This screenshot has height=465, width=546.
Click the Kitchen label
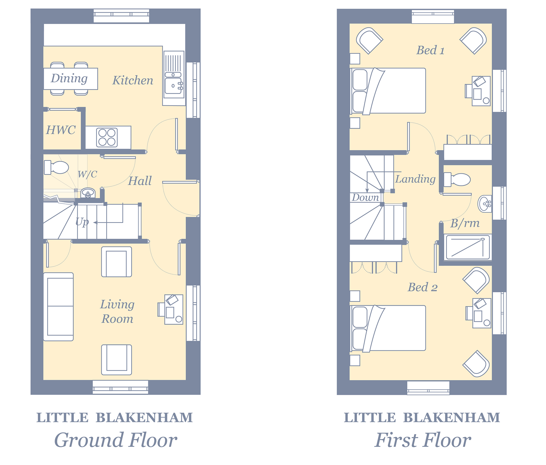point(133,81)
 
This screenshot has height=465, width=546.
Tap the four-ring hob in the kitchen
point(107,137)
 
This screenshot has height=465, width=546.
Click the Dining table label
point(69,79)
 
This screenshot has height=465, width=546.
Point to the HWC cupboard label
point(61,130)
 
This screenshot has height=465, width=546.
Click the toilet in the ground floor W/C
point(56,167)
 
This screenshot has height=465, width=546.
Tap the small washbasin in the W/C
point(88,193)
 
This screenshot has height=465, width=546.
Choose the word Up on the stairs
point(82,222)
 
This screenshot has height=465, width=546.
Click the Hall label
point(140,181)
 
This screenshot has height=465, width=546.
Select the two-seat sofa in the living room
point(58,307)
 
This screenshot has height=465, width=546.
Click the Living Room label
point(117,311)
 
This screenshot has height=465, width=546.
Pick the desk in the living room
point(171,309)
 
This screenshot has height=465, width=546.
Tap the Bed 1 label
point(430,50)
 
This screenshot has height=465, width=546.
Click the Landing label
point(415,179)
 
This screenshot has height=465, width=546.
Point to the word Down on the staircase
point(365,197)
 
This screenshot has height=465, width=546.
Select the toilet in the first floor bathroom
point(457,179)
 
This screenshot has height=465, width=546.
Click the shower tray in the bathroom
point(468,247)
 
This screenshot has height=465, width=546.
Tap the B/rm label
point(465,223)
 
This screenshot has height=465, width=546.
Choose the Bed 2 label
point(423,287)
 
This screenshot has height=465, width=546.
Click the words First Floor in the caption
point(423,440)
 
